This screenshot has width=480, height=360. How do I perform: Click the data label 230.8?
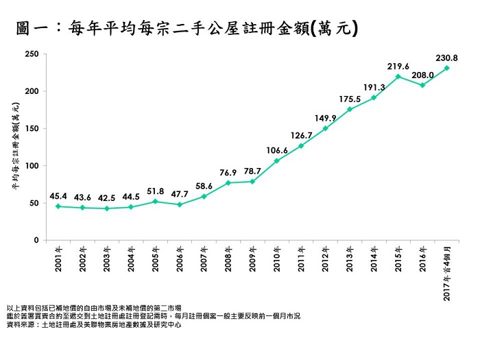(x=446, y=58)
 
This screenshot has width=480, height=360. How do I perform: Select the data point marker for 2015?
(x=398, y=76)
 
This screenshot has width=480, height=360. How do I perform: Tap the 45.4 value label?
(x=58, y=196)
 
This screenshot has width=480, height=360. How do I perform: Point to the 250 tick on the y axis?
(x=30, y=53)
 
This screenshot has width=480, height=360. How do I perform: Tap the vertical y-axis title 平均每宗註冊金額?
(x=14, y=147)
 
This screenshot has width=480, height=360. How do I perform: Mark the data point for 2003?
(x=106, y=208)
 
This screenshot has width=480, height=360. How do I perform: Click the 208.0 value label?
(x=422, y=74)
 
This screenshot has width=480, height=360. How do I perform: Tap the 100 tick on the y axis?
(x=30, y=166)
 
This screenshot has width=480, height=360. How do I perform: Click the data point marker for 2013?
(x=350, y=109)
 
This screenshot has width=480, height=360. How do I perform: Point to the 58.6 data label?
(x=204, y=186)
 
